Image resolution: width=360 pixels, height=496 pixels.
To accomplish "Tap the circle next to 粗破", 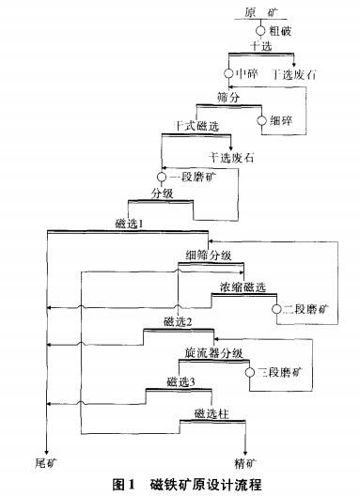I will click(259, 30).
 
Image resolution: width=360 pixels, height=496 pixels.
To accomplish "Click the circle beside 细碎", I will click(263, 119).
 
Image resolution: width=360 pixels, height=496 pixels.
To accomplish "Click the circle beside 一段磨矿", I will click(161, 177).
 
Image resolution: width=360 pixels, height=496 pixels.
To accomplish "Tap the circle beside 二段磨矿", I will click(276, 307).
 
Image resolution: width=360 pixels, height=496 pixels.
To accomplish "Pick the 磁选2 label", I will click(177, 322).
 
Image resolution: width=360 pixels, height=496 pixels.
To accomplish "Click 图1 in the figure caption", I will click(125, 484).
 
